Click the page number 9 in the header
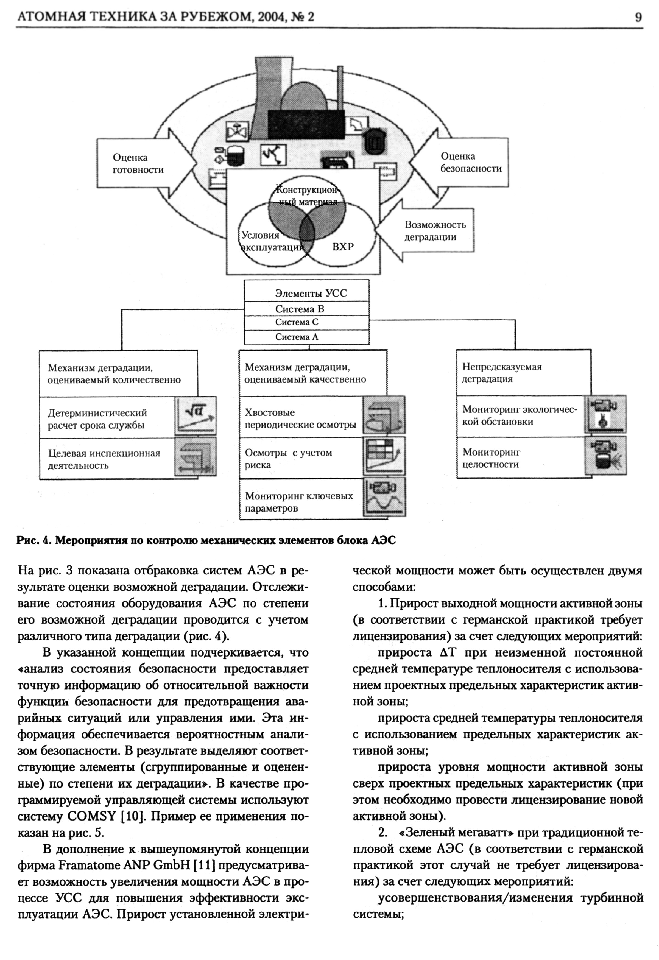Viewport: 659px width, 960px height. click(x=638, y=17)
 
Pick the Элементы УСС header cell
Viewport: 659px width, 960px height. click(x=311, y=293)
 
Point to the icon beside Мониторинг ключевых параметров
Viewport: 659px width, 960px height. click(x=384, y=497)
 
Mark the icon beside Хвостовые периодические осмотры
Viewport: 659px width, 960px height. click(x=384, y=415)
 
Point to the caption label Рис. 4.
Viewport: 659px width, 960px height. click(x=32, y=541)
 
